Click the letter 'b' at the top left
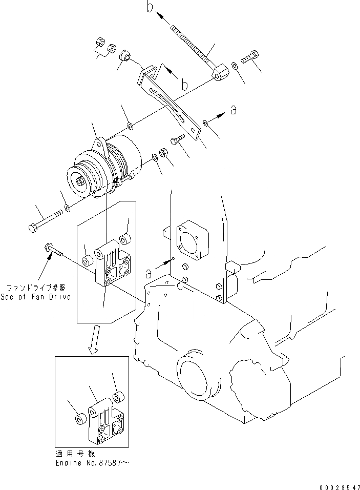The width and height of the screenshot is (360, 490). click(150, 8)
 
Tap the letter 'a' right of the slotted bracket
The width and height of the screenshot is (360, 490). click(234, 110)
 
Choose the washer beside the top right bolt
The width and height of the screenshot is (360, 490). click(234, 65)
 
